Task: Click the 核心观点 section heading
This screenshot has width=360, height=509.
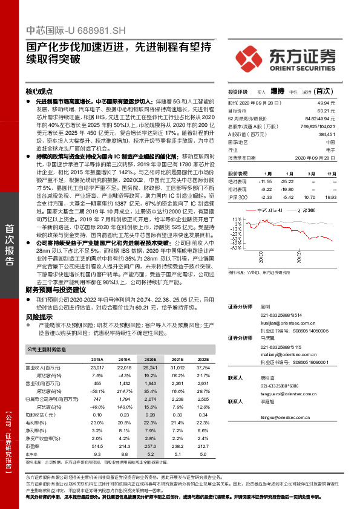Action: coord(40,91)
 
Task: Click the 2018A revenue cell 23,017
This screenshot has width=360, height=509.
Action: coord(97,368)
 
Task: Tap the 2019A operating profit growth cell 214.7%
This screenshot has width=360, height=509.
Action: coord(125,391)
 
